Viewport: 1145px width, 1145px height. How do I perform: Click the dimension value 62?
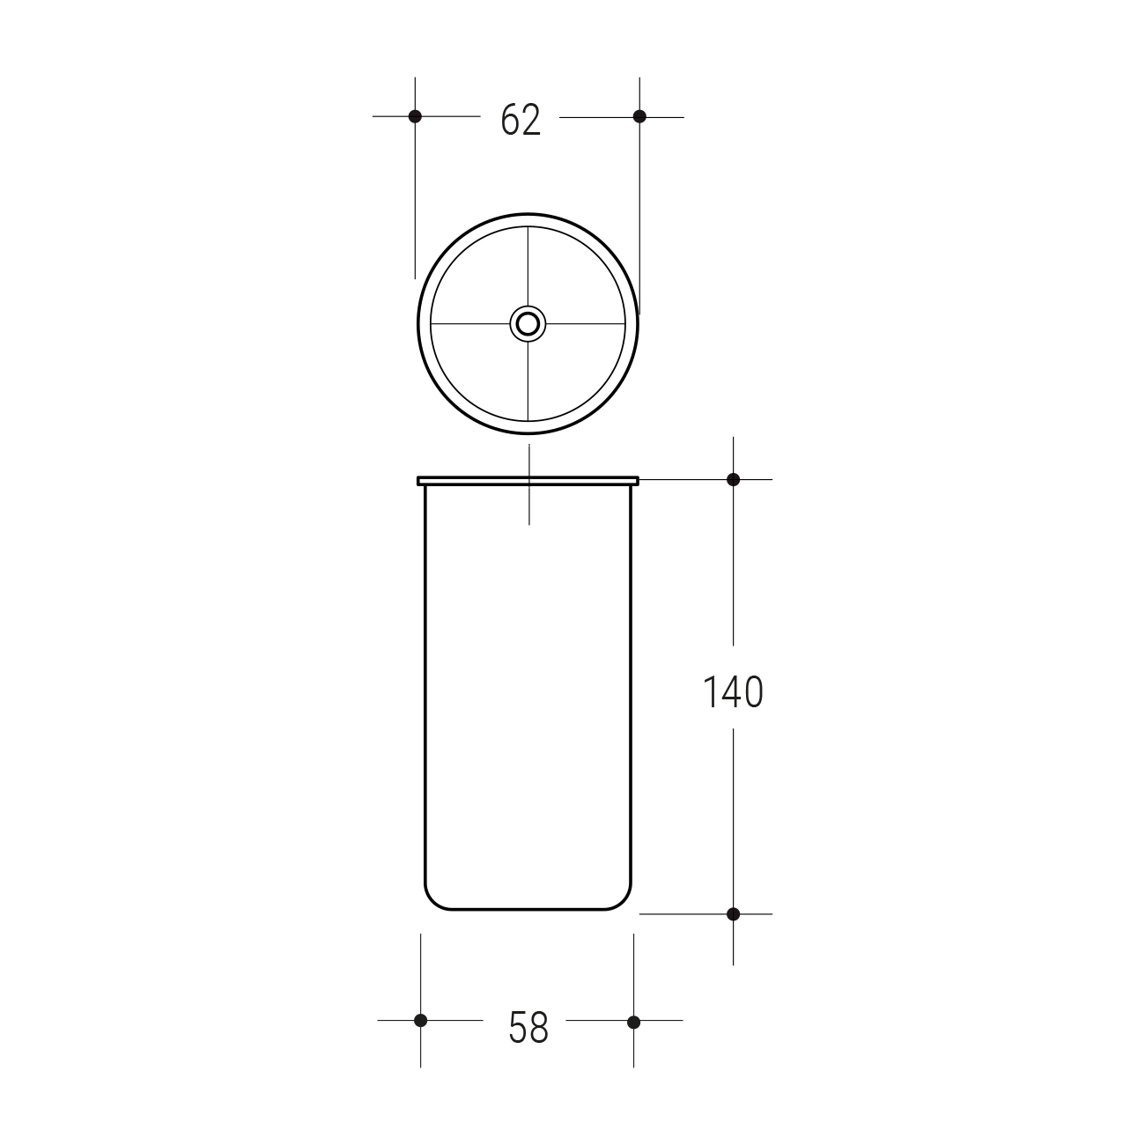tap(521, 120)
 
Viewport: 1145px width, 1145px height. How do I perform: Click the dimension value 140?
tap(733, 691)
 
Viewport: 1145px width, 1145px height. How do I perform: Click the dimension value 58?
tap(528, 1027)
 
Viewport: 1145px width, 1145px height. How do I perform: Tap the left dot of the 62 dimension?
tap(415, 116)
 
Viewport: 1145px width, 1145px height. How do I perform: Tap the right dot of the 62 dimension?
tap(639, 116)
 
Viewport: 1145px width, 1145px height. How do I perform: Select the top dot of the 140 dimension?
tap(733, 479)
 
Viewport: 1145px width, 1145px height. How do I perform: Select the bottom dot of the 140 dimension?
tap(733, 914)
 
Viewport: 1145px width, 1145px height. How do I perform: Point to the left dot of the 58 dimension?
tap(421, 1021)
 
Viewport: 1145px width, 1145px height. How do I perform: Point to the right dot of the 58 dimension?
tap(633, 1022)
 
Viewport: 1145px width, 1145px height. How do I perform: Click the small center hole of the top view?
tap(528, 324)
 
